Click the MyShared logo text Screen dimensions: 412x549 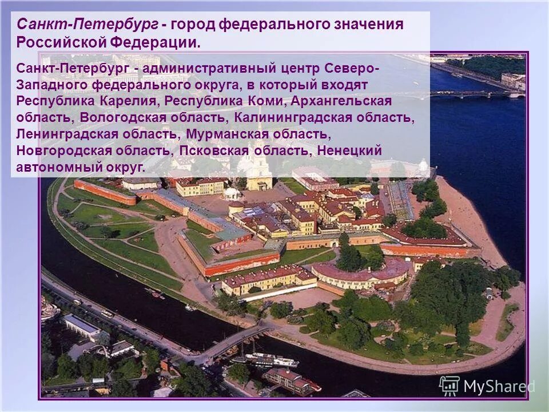pos(495,387)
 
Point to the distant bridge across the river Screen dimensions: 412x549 pos(457,93)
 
